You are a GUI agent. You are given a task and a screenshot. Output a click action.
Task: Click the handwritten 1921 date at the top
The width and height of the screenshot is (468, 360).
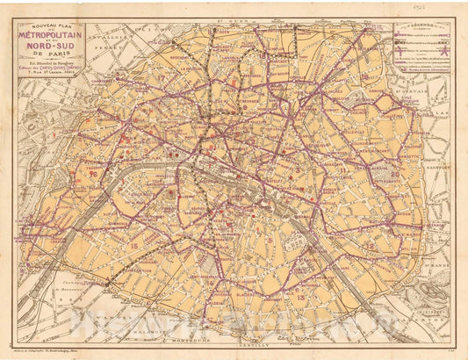(450, 8)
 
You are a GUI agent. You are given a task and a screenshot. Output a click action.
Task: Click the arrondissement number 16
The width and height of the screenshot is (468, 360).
(93, 174)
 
